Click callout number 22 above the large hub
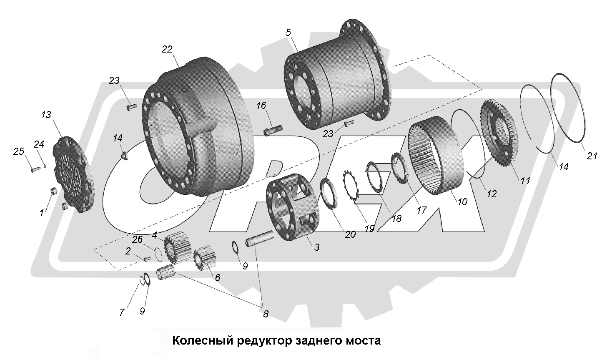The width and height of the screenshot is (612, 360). pyautogui.click(x=167, y=49)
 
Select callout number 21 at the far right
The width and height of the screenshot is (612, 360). pyautogui.click(x=592, y=156)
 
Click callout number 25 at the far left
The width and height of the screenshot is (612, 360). pyautogui.click(x=19, y=151)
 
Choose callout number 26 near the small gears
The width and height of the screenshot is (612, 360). pyautogui.click(x=137, y=239)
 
